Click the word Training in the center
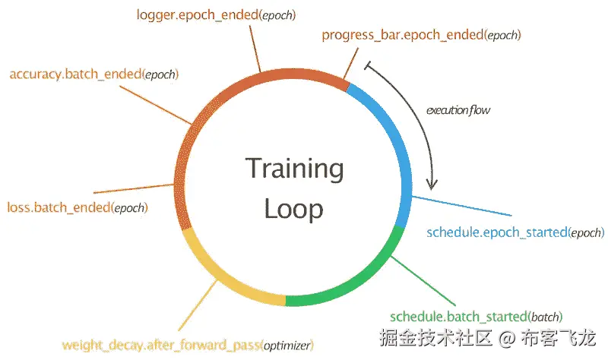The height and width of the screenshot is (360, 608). (x=294, y=169)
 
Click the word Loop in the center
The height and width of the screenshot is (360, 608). (x=294, y=209)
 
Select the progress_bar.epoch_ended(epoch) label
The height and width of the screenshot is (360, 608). (x=421, y=35)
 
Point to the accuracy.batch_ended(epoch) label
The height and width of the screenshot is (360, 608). (x=93, y=74)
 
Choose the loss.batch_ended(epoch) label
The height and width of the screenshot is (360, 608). (x=77, y=207)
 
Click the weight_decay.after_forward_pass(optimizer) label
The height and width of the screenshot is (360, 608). (x=187, y=346)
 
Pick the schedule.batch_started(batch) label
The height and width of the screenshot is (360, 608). (x=477, y=316)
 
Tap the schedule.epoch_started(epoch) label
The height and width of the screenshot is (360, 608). (x=515, y=232)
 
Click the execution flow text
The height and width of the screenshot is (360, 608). (x=458, y=110)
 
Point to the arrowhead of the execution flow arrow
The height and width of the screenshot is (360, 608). (x=433, y=185)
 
